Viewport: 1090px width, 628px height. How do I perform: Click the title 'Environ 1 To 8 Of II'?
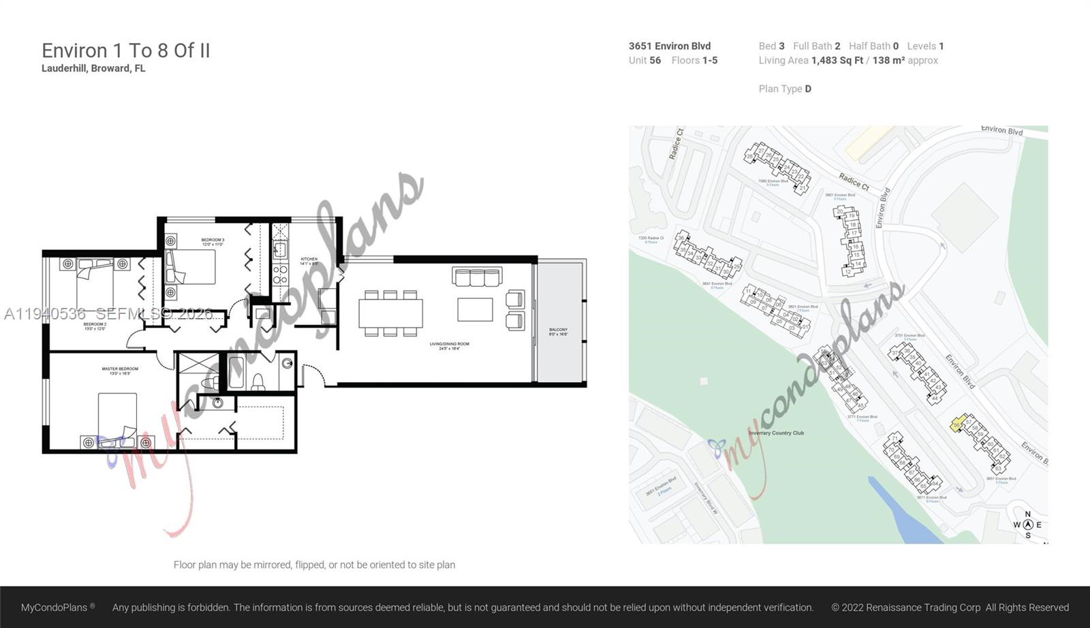pyautogui.click(x=126, y=50)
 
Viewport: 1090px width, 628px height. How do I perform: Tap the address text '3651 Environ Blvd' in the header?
pyautogui.click(x=669, y=46)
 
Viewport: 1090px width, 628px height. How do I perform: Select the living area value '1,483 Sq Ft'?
pyautogui.click(x=837, y=60)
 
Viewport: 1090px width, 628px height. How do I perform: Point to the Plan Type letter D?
pyautogui.click(x=808, y=89)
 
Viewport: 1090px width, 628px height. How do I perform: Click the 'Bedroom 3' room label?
pyautogui.click(x=213, y=241)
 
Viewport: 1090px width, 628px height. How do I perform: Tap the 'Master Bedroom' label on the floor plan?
pyautogui.click(x=120, y=371)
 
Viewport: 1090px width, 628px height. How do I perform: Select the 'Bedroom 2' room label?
pyautogui.click(x=95, y=326)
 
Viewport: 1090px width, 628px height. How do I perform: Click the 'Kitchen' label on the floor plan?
pyautogui.click(x=309, y=260)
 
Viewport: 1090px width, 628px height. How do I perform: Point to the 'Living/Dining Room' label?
pyautogui.click(x=449, y=345)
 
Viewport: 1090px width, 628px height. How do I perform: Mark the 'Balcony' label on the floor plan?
pyautogui.click(x=558, y=332)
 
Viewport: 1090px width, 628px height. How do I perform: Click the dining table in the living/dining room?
pyautogui.click(x=390, y=313)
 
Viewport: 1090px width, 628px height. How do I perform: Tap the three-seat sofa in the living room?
pyautogui.click(x=477, y=277)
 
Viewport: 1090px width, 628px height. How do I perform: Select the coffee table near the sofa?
pyautogui.click(x=475, y=309)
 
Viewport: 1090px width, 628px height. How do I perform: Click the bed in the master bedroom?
pyautogui.click(x=117, y=417)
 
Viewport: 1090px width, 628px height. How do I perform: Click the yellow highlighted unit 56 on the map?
pyautogui.click(x=958, y=424)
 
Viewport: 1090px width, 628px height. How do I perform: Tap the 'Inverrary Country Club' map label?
pyautogui.click(x=776, y=433)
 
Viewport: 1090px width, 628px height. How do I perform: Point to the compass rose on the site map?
pyautogui.click(x=1027, y=524)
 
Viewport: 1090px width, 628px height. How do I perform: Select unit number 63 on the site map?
pyautogui.click(x=998, y=468)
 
